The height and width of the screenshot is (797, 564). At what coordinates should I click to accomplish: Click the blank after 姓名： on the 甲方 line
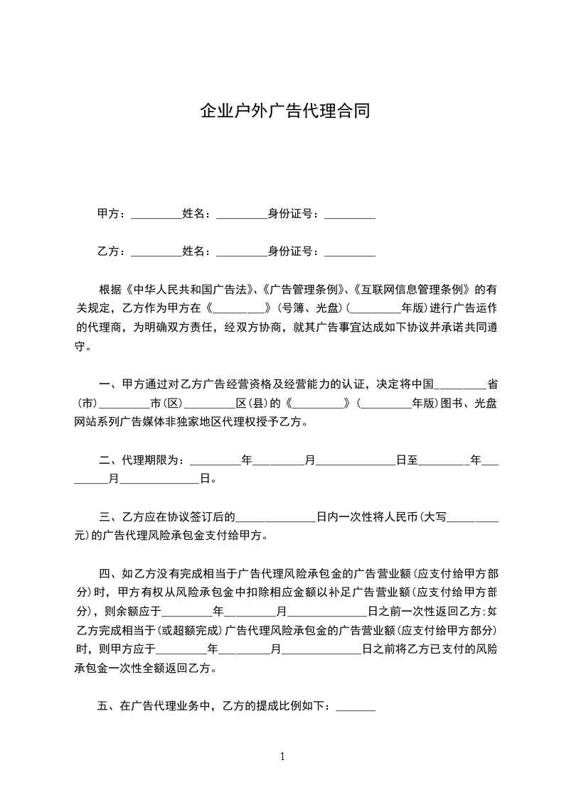coord(240,214)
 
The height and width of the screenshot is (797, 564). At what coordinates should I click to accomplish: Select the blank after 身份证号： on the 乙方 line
coord(349,251)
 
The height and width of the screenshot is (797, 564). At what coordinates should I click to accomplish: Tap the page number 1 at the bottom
coord(282,756)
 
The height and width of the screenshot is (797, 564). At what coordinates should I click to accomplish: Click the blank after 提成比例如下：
coord(354,706)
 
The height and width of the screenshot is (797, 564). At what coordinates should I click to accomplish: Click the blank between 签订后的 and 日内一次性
coord(276,517)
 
